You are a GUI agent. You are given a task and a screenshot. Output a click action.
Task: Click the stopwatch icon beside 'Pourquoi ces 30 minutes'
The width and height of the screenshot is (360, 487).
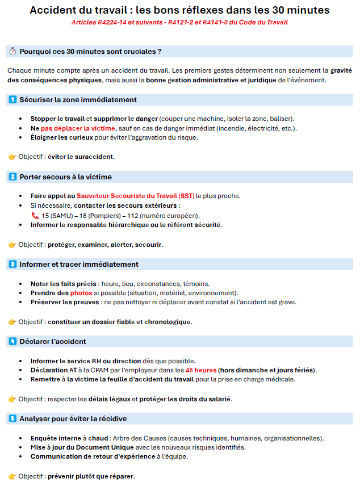tap(12, 52)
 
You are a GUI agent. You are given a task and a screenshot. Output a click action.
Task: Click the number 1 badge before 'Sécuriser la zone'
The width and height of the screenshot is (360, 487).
tap(12, 100)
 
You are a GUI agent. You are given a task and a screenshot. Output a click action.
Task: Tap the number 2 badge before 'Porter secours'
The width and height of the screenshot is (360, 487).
tap(12, 177)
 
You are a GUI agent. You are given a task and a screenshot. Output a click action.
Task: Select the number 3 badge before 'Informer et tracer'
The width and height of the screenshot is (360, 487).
tap(12, 265)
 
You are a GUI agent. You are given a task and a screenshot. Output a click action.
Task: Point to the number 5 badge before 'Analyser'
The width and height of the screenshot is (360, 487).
tap(12, 419)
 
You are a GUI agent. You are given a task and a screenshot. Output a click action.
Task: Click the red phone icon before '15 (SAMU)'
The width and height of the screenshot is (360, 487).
tap(35, 216)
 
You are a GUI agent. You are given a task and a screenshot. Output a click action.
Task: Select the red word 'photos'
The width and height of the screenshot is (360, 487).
tap(81, 293)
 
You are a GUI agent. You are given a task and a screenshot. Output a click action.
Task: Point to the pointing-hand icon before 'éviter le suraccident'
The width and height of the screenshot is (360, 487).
tap(12, 157)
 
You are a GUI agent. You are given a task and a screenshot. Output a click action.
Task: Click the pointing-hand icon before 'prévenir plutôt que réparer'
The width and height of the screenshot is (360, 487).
tap(12, 476)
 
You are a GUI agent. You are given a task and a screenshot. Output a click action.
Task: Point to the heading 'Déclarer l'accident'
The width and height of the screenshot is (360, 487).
tap(53, 342)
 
